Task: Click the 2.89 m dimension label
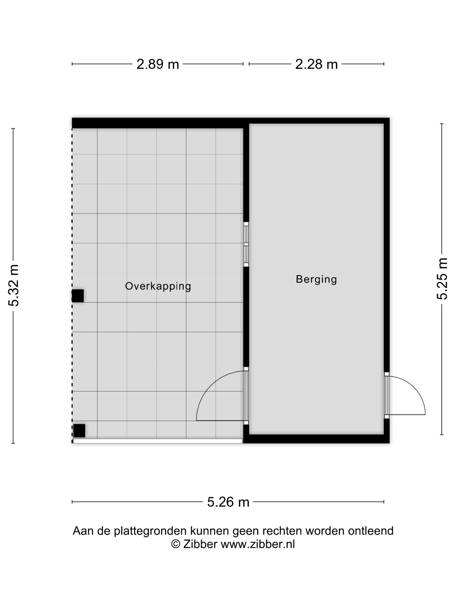(158, 64)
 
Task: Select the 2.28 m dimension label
(316, 64)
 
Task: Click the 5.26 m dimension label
(228, 502)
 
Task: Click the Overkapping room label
(158, 286)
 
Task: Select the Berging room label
(316, 279)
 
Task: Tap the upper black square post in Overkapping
(78, 295)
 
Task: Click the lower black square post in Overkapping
(79, 431)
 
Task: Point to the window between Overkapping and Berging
(246, 244)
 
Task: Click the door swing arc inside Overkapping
(208, 390)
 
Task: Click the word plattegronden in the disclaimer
(151, 531)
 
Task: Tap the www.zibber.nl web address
(258, 544)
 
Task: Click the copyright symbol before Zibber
(175, 544)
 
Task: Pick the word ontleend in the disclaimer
(371, 531)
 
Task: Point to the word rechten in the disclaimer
(282, 531)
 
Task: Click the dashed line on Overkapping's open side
(72, 220)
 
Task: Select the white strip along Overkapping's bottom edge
(158, 441)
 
